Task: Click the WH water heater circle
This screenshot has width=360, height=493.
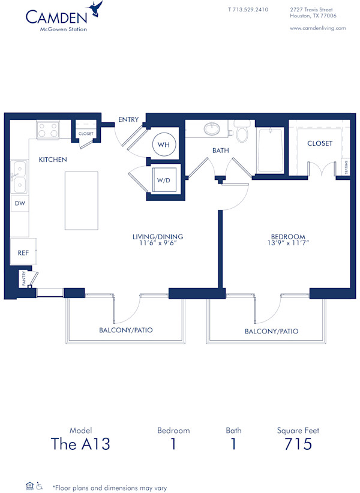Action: coord(163,145)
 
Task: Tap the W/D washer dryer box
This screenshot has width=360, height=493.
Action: coord(163,181)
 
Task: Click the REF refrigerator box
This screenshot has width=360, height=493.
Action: coord(23,252)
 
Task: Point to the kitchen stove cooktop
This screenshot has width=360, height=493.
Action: coord(47,130)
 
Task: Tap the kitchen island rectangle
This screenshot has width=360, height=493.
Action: coord(81,200)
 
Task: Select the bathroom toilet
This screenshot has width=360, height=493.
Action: coord(242,133)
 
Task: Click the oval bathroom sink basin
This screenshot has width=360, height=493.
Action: coord(212,128)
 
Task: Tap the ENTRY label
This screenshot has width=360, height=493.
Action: coord(128,120)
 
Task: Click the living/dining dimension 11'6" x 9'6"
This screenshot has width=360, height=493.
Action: coord(158,243)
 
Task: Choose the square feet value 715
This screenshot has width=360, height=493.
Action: coord(298,444)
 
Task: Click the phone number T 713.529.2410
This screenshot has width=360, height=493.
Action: coord(248,10)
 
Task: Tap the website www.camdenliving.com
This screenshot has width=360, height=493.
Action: coord(317,28)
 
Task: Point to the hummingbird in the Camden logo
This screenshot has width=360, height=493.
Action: coord(95,8)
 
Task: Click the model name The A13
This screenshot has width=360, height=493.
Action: coord(80,444)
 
